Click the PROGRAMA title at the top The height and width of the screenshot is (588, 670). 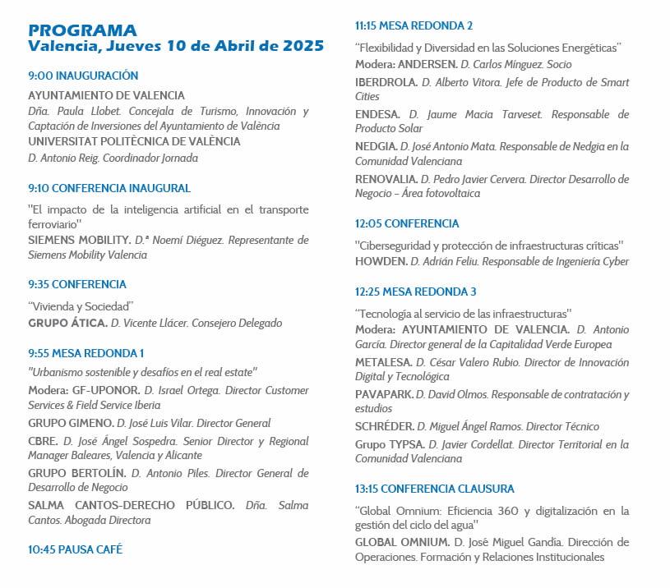[82, 30]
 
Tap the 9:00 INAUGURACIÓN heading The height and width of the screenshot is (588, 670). [83, 76]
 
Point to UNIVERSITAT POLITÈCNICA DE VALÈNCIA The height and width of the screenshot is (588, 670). [134, 141]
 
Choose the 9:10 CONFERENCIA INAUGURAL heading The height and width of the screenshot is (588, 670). [109, 188]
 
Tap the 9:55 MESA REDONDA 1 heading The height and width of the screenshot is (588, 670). [86, 353]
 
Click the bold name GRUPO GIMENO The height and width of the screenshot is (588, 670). [71, 423]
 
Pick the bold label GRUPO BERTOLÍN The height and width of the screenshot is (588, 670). [76, 473]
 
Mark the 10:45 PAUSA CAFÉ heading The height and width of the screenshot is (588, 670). [75, 549]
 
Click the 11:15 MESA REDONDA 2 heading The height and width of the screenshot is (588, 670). [414, 25]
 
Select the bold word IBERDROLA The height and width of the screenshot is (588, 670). [386, 82]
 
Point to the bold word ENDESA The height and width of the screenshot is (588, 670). [377, 114]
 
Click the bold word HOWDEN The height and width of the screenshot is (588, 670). [380, 261]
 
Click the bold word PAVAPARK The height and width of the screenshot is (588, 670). [384, 394]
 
